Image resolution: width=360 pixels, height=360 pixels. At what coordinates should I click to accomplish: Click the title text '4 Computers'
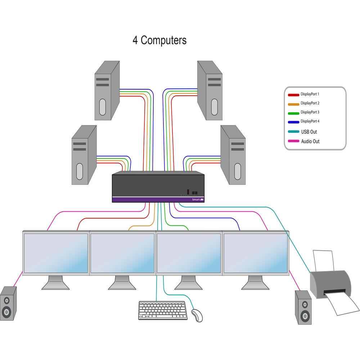(159, 40)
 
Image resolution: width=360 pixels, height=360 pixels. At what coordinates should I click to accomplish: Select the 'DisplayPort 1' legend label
(310, 94)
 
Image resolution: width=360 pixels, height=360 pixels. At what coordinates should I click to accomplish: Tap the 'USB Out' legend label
(309, 132)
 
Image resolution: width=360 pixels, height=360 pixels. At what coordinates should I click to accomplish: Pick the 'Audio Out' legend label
(310, 141)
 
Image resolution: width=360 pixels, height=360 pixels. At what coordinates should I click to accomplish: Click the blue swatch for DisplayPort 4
(293, 122)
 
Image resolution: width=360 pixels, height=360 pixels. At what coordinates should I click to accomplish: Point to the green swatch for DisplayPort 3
(293, 113)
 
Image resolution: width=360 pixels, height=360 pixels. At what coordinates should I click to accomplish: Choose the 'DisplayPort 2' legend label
(310, 103)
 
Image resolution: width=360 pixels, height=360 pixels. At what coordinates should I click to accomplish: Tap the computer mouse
(197, 315)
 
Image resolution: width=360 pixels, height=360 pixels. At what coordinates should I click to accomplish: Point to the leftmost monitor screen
(56, 253)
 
